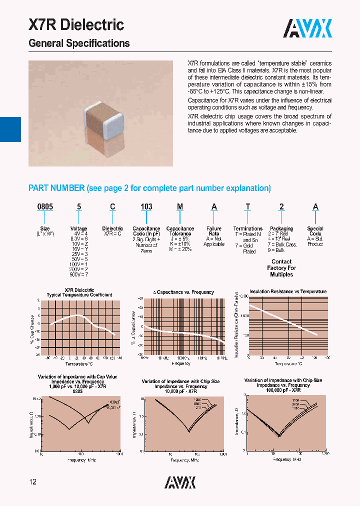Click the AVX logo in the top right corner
pyautogui.click(x=307, y=29)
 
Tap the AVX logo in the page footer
pyautogui.click(x=180, y=482)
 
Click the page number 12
pyautogui.click(x=32, y=482)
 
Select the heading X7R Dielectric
pyautogui.click(x=76, y=25)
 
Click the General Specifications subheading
pyautogui.click(x=79, y=43)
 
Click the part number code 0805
pyautogui.click(x=45, y=207)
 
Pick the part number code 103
pyautogui.click(x=146, y=207)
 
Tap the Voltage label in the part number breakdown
pyautogui.click(x=78, y=228)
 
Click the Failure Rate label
pyautogui.click(x=214, y=231)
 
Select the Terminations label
pyautogui.click(x=247, y=228)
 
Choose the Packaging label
pyautogui.click(x=281, y=228)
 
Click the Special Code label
pyautogui.click(x=315, y=231)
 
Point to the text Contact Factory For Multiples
pyautogui.click(x=281, y=268)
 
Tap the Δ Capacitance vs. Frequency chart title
pyautogui.click(x=183, y=292)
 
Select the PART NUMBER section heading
pyautogui.click(x=149, y=188)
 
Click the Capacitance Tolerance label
pyautogui.click(x=180, y=231)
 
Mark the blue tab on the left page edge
pyautogui.click(x=10, y=129)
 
